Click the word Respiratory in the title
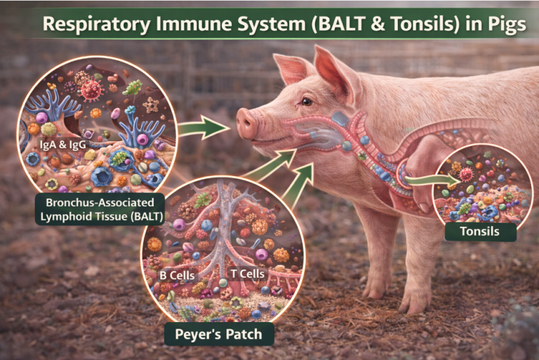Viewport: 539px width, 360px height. [96, 25]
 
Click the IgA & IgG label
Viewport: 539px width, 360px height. [63, 145]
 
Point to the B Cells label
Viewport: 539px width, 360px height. [178, 275]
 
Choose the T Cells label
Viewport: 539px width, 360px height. [248, 274]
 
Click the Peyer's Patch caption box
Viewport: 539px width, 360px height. [219, 334]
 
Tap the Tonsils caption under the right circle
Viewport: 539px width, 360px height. [480, 232]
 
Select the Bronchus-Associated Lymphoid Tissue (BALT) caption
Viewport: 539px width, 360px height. [100, 209]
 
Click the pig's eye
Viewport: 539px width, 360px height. [307, 102]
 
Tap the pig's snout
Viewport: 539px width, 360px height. [246, 123]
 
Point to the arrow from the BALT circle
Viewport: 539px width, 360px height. [204, 128]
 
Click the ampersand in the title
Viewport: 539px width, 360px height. [378, 24]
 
